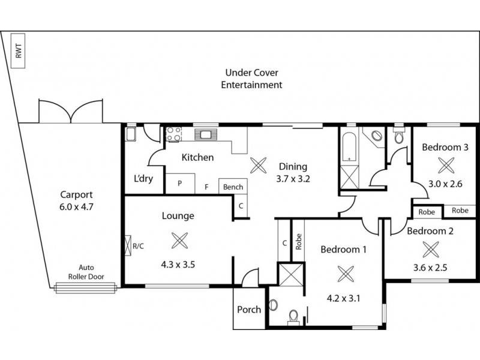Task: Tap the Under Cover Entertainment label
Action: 251,79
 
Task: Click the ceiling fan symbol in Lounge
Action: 179,241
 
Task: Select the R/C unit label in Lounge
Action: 139,245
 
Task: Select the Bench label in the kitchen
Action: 233,187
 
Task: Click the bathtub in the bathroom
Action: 349,148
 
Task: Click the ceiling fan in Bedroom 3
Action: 445,164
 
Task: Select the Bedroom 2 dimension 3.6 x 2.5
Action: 428,268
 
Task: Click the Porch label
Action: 249,310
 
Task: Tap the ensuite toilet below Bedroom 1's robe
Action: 293,316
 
